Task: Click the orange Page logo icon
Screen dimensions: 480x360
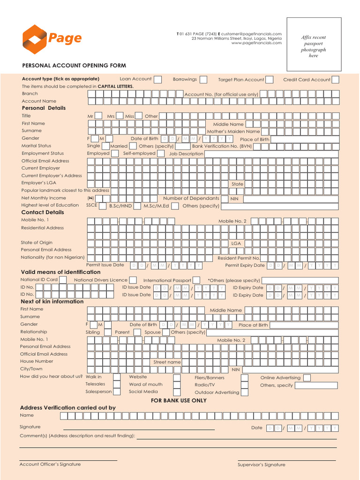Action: [35, 39]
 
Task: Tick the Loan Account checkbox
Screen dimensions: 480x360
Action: [158, 79]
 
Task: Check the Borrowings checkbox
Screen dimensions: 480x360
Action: [204, 79]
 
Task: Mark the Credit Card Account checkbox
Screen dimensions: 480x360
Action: [336, 79]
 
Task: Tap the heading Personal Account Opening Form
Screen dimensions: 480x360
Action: [74, 66]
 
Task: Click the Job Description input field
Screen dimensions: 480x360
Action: [271, 154]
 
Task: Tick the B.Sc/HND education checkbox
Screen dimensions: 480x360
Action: [136, 206]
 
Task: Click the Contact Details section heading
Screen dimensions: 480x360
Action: [43, 212]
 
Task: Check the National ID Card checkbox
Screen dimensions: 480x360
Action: [63, 280]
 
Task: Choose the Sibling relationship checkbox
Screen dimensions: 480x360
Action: [105, 332]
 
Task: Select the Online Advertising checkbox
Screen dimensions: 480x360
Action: [307, 378]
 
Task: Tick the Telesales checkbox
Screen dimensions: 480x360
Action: [117, 385]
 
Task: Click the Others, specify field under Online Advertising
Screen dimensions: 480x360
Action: [315, 386]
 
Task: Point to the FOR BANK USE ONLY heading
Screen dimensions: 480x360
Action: [179, 401]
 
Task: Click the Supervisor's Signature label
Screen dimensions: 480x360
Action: [261, 465]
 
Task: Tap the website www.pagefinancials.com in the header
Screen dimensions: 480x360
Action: [256, 43]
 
